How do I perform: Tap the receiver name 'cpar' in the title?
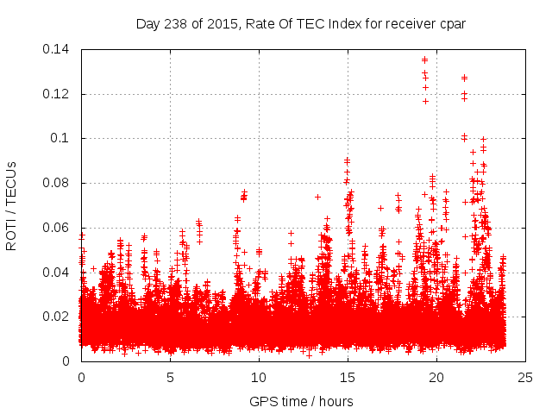(451, 23)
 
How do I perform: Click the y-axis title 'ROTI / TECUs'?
(11, 206)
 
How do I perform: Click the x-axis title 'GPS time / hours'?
(301, 401)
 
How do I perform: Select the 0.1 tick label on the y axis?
(61, 138)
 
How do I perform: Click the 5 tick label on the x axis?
(170, 377)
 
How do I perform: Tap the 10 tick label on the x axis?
(259, 377)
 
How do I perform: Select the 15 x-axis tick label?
(348, 377)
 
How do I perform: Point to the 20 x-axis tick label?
(436, 377)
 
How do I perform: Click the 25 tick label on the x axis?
(525, 377)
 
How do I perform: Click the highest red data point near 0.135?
(424, 60)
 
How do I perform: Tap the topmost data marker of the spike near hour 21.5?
(465, 78)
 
